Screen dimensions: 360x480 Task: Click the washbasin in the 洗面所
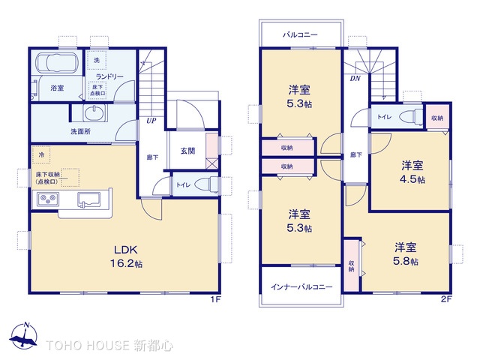94,113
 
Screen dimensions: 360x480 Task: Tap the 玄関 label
187,151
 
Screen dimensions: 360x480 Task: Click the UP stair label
151,121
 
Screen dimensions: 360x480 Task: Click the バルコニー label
300,34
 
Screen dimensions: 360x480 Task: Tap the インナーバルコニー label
301,286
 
